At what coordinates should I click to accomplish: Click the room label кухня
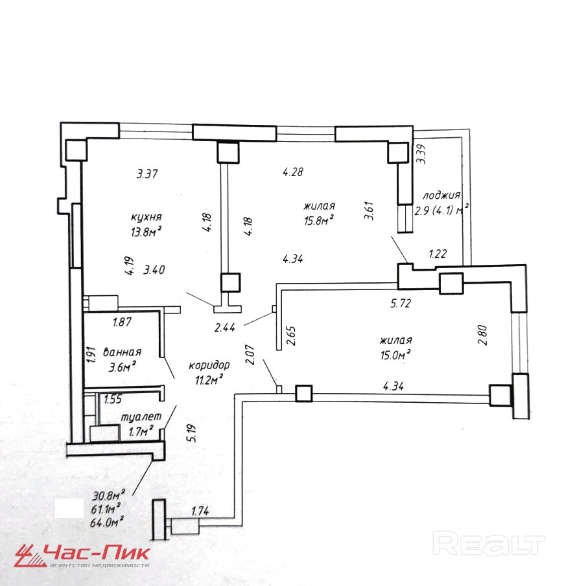point(147,217)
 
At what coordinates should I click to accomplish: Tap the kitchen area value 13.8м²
point(146,232)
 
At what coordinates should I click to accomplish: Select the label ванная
point(122,352)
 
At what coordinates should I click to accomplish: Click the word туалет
point(141,417)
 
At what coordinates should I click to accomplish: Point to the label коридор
point(209,365)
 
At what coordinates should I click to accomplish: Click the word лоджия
point(441,196)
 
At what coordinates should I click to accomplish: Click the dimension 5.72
point(400,303)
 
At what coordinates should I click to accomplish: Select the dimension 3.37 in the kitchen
point(147,174)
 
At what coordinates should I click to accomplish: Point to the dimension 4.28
point(292,172)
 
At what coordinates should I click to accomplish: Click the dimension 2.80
point(483,335)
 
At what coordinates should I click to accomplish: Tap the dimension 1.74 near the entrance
point(200,511)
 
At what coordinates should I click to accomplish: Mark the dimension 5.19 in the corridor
point(192,433)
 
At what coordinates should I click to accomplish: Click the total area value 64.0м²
point(107,521)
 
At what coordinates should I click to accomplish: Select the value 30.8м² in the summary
point(108,495)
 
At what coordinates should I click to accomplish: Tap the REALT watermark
point(489,543)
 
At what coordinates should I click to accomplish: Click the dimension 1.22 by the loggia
point(438,254)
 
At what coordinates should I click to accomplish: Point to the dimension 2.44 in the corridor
point(225,328)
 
